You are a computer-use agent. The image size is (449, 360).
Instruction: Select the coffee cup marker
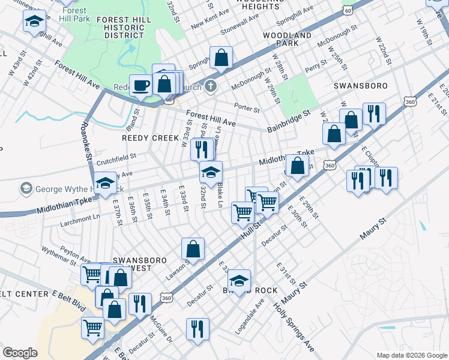point(140,85)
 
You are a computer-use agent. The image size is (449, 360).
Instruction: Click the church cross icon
point(209,86)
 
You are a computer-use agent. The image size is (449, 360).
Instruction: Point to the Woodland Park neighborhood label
point(288,40)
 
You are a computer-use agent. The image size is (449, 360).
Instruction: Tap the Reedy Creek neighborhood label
point(142,137)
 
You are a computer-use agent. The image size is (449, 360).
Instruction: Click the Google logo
point(20,353)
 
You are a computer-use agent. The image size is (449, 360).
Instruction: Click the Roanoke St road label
point(86,139)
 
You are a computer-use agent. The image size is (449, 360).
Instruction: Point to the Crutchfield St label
point(116,158)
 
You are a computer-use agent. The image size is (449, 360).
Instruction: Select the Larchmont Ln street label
point(79,217)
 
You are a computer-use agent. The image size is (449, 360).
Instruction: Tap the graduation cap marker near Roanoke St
point(105,182)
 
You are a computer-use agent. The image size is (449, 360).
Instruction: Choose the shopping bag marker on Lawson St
point(193,248)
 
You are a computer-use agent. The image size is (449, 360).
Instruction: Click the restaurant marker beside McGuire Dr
point(139,304)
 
